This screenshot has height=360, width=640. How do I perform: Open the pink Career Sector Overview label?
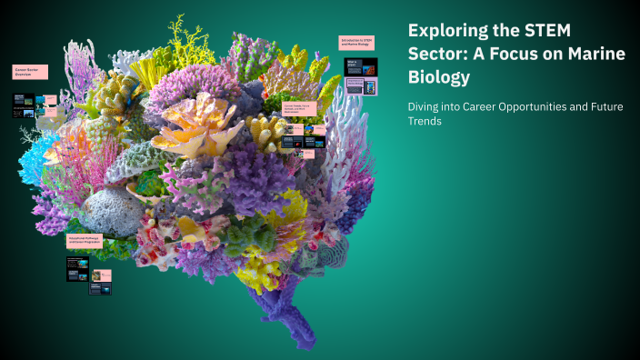coord(30,72)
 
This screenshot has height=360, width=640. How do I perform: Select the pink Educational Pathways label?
coord(85,240)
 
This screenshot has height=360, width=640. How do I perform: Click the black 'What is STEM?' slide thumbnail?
coord(355,65)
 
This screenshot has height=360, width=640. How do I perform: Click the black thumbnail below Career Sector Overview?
coord(24,105)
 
